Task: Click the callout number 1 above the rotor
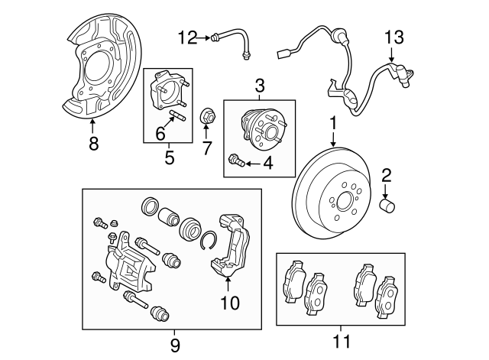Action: (333, 122)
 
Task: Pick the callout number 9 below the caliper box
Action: (175, 345)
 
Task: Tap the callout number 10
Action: (228, 303)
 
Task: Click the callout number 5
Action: (169, 158)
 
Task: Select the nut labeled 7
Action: (206, 117)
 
